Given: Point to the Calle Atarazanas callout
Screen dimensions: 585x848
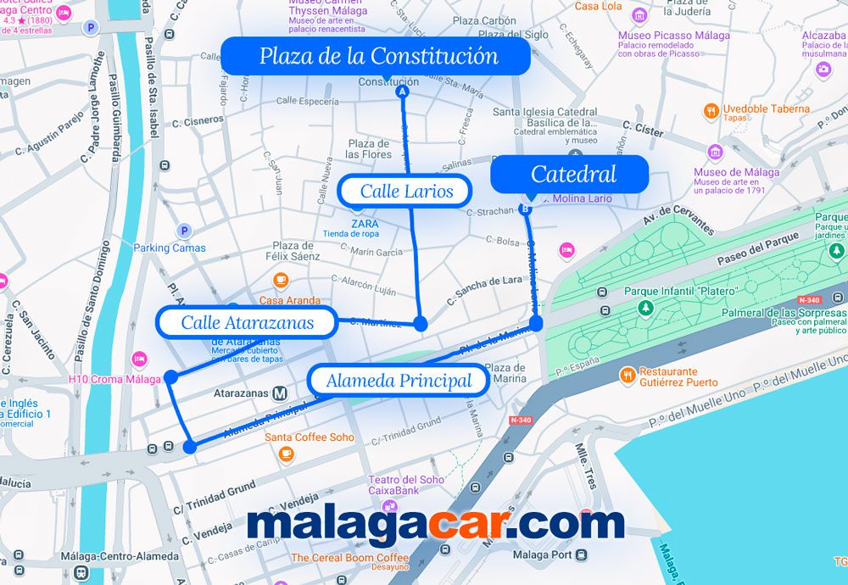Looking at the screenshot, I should [247, 322].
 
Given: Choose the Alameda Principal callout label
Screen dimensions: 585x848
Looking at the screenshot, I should [399, 381].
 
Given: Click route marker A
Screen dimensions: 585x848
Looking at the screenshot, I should [403, 91].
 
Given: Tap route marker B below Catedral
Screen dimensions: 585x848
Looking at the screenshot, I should [525, 209].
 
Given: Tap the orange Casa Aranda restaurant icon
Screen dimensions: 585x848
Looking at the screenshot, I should [281, 281].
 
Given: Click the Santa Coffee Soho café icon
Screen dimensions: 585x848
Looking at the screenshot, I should [286, 453].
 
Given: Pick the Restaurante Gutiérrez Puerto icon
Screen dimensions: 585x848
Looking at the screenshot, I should [628, 374].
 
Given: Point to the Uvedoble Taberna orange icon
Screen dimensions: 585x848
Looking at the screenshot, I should [711, 110].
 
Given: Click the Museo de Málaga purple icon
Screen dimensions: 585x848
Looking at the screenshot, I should [715, 153].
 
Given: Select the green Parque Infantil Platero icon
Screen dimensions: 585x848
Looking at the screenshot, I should [646, 307].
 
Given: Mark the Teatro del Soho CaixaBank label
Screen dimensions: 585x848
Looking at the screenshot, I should [405, 485].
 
